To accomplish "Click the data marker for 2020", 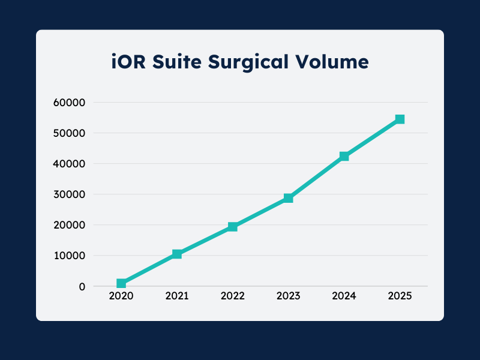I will (x=121, y=283).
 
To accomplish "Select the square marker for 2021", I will (x=177, y=254).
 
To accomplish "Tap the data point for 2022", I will (x=233, y=227).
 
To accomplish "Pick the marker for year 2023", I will (x=289, y=198).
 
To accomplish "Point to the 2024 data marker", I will (x=344, y=156).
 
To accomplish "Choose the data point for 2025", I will (x=400, y=119).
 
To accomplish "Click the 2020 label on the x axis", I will (x=121, y=296).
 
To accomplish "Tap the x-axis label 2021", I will (x=177, y=296).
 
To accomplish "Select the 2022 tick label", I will (x=233, y=296).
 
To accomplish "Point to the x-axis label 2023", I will (x=289, y=296).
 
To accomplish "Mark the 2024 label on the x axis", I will (x=344, y=296).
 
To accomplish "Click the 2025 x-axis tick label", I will (x=400, y=296).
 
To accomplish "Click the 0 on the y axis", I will (x=82, y=286).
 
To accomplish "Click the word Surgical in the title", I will (x=250, y=62).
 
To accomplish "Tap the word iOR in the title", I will (x=128, y=61).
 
